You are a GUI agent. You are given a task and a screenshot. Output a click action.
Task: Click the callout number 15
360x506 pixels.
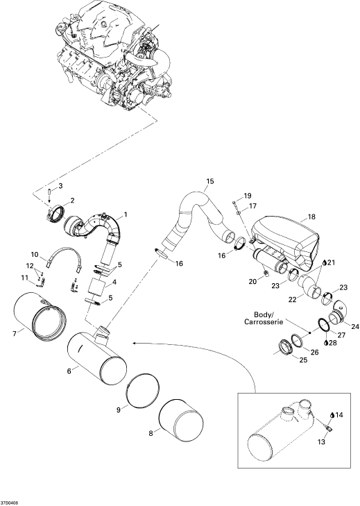(x=210, y=181)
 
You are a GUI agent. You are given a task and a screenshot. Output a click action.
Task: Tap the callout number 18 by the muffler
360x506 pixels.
(x=311, y=217)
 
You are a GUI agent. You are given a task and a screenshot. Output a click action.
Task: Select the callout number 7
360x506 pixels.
(x=14, y=334)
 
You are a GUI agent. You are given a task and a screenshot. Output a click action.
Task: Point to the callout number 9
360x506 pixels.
(x=119, y=410)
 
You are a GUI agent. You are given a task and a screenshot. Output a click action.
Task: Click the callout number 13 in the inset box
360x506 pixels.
(x=322, y=441)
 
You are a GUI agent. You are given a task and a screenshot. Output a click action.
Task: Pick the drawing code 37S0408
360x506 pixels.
(x=9, y=503)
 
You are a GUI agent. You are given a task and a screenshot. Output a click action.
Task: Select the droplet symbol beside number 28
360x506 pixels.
(x=326, y=342)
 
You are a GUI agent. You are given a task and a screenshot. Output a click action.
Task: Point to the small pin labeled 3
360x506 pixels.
(x=50, y=192)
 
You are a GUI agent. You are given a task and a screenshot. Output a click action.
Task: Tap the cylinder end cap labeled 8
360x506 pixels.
(x=182, y=419)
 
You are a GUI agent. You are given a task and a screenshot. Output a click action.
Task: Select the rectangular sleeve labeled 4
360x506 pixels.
(x=98, y=286)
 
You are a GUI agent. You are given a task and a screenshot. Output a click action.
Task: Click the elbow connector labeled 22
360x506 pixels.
(x=309, y=285)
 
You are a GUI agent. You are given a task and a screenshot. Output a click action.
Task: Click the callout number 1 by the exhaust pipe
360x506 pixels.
(x=126, y=214)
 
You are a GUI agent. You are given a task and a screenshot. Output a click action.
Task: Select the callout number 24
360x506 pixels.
(x=355, y=327)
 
